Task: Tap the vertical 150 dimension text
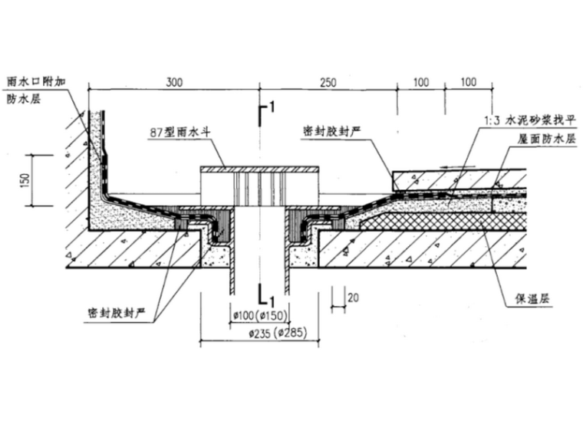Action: click(25, 180)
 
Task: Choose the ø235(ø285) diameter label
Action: click(261, 334)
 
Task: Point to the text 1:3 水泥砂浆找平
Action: click(529, 118)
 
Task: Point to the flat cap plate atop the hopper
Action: click(259, 169)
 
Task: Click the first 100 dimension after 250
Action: click(420, 82)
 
